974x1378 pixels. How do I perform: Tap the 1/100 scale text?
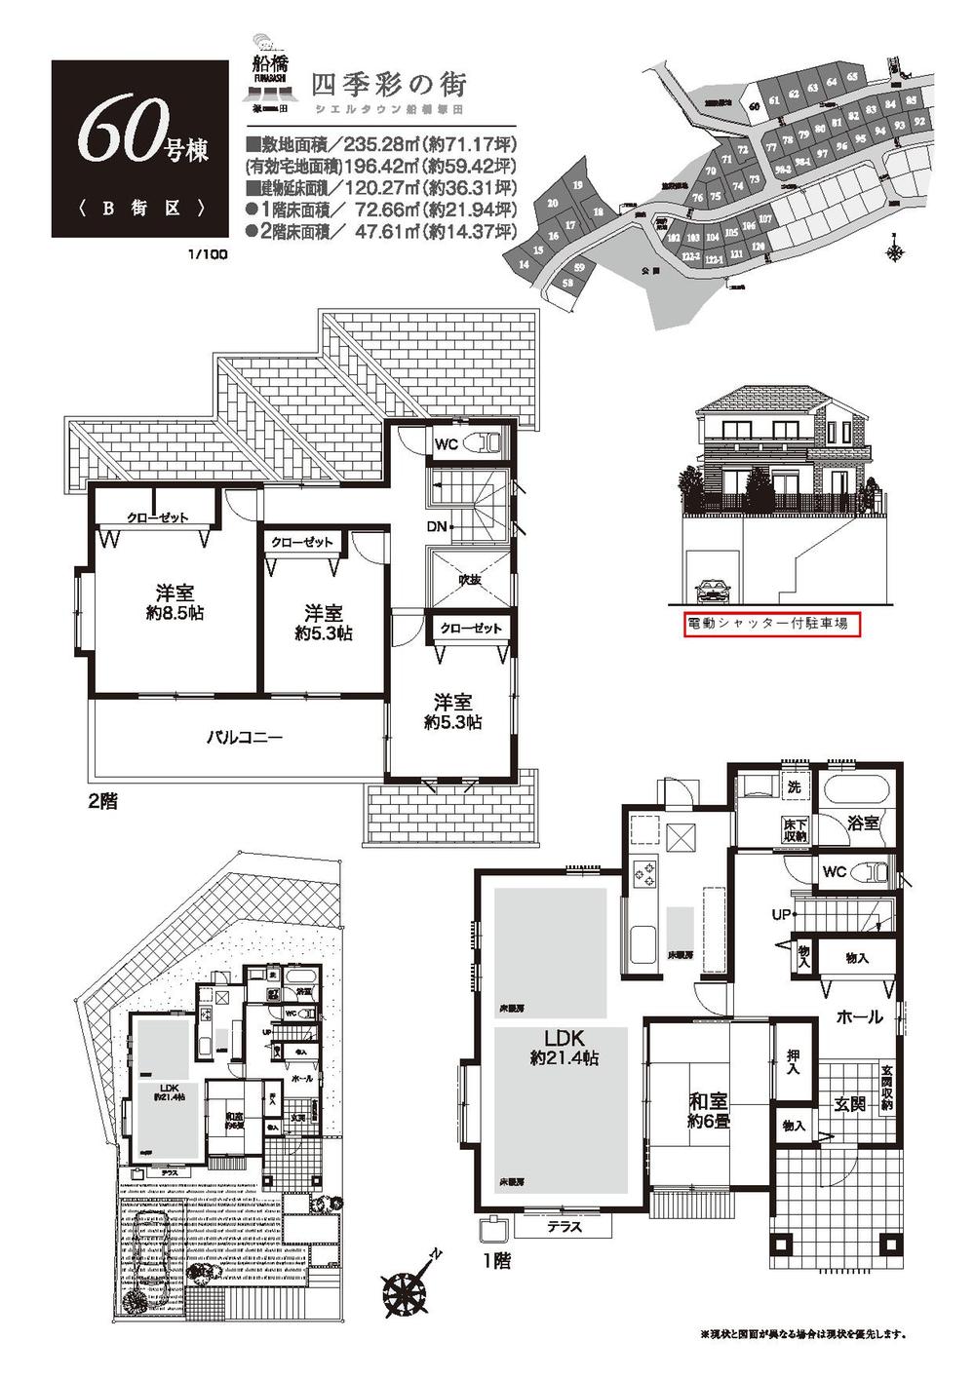[x=209, y=255]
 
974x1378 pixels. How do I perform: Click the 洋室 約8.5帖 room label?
[x=175, y=602]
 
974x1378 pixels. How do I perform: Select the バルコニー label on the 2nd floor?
[x=244, y=738]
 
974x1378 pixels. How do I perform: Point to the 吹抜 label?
[x=470, y=580]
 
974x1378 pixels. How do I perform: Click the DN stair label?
[x=438, y=526]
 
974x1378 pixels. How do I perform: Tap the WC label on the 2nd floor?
[x=446, y=444]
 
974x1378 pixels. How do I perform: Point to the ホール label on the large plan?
[x=859, y=1016]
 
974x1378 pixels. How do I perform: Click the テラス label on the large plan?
[x=565, y=1227]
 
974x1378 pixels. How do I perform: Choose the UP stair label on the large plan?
[x=780, y=915]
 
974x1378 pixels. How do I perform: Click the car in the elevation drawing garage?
[x=714, y=591]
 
